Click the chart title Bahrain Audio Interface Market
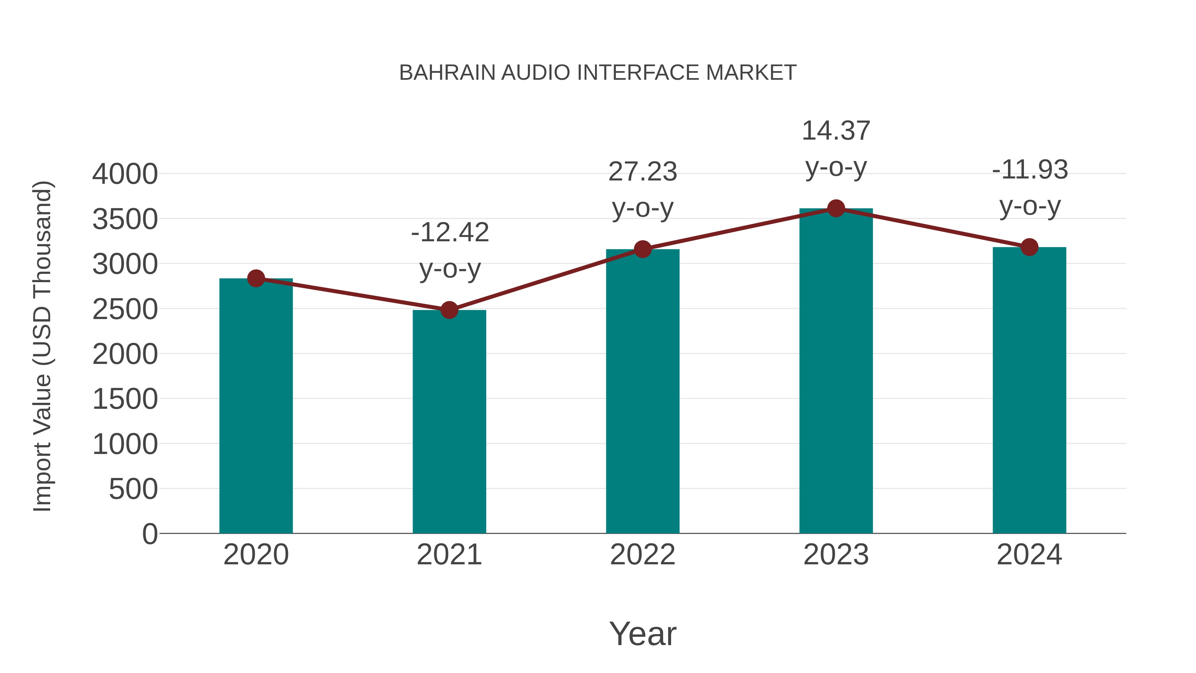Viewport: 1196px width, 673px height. point(598,73)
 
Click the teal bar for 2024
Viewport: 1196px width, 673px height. point(1029,390)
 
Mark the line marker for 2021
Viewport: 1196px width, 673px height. point(449,310)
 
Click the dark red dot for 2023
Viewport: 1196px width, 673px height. point(836,208)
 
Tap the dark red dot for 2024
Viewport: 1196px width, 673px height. point(1029,247)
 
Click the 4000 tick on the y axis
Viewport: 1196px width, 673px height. point(125,174)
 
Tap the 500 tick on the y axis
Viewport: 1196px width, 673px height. point(133,489)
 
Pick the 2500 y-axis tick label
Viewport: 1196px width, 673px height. point(125,309)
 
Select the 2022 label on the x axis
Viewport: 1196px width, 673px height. point(643,555)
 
